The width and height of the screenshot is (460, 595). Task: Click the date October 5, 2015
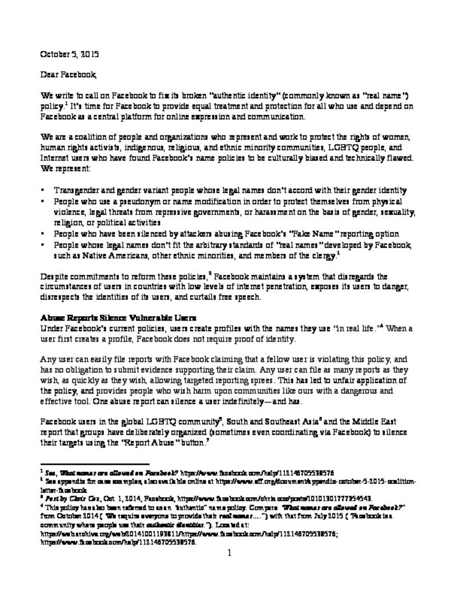tap(69, 54)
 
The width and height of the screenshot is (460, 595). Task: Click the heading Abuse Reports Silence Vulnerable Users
tap(118, 318)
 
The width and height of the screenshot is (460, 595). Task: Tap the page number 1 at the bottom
tap(230, 553)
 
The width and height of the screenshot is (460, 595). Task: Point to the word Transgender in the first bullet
tap(76, 190)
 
